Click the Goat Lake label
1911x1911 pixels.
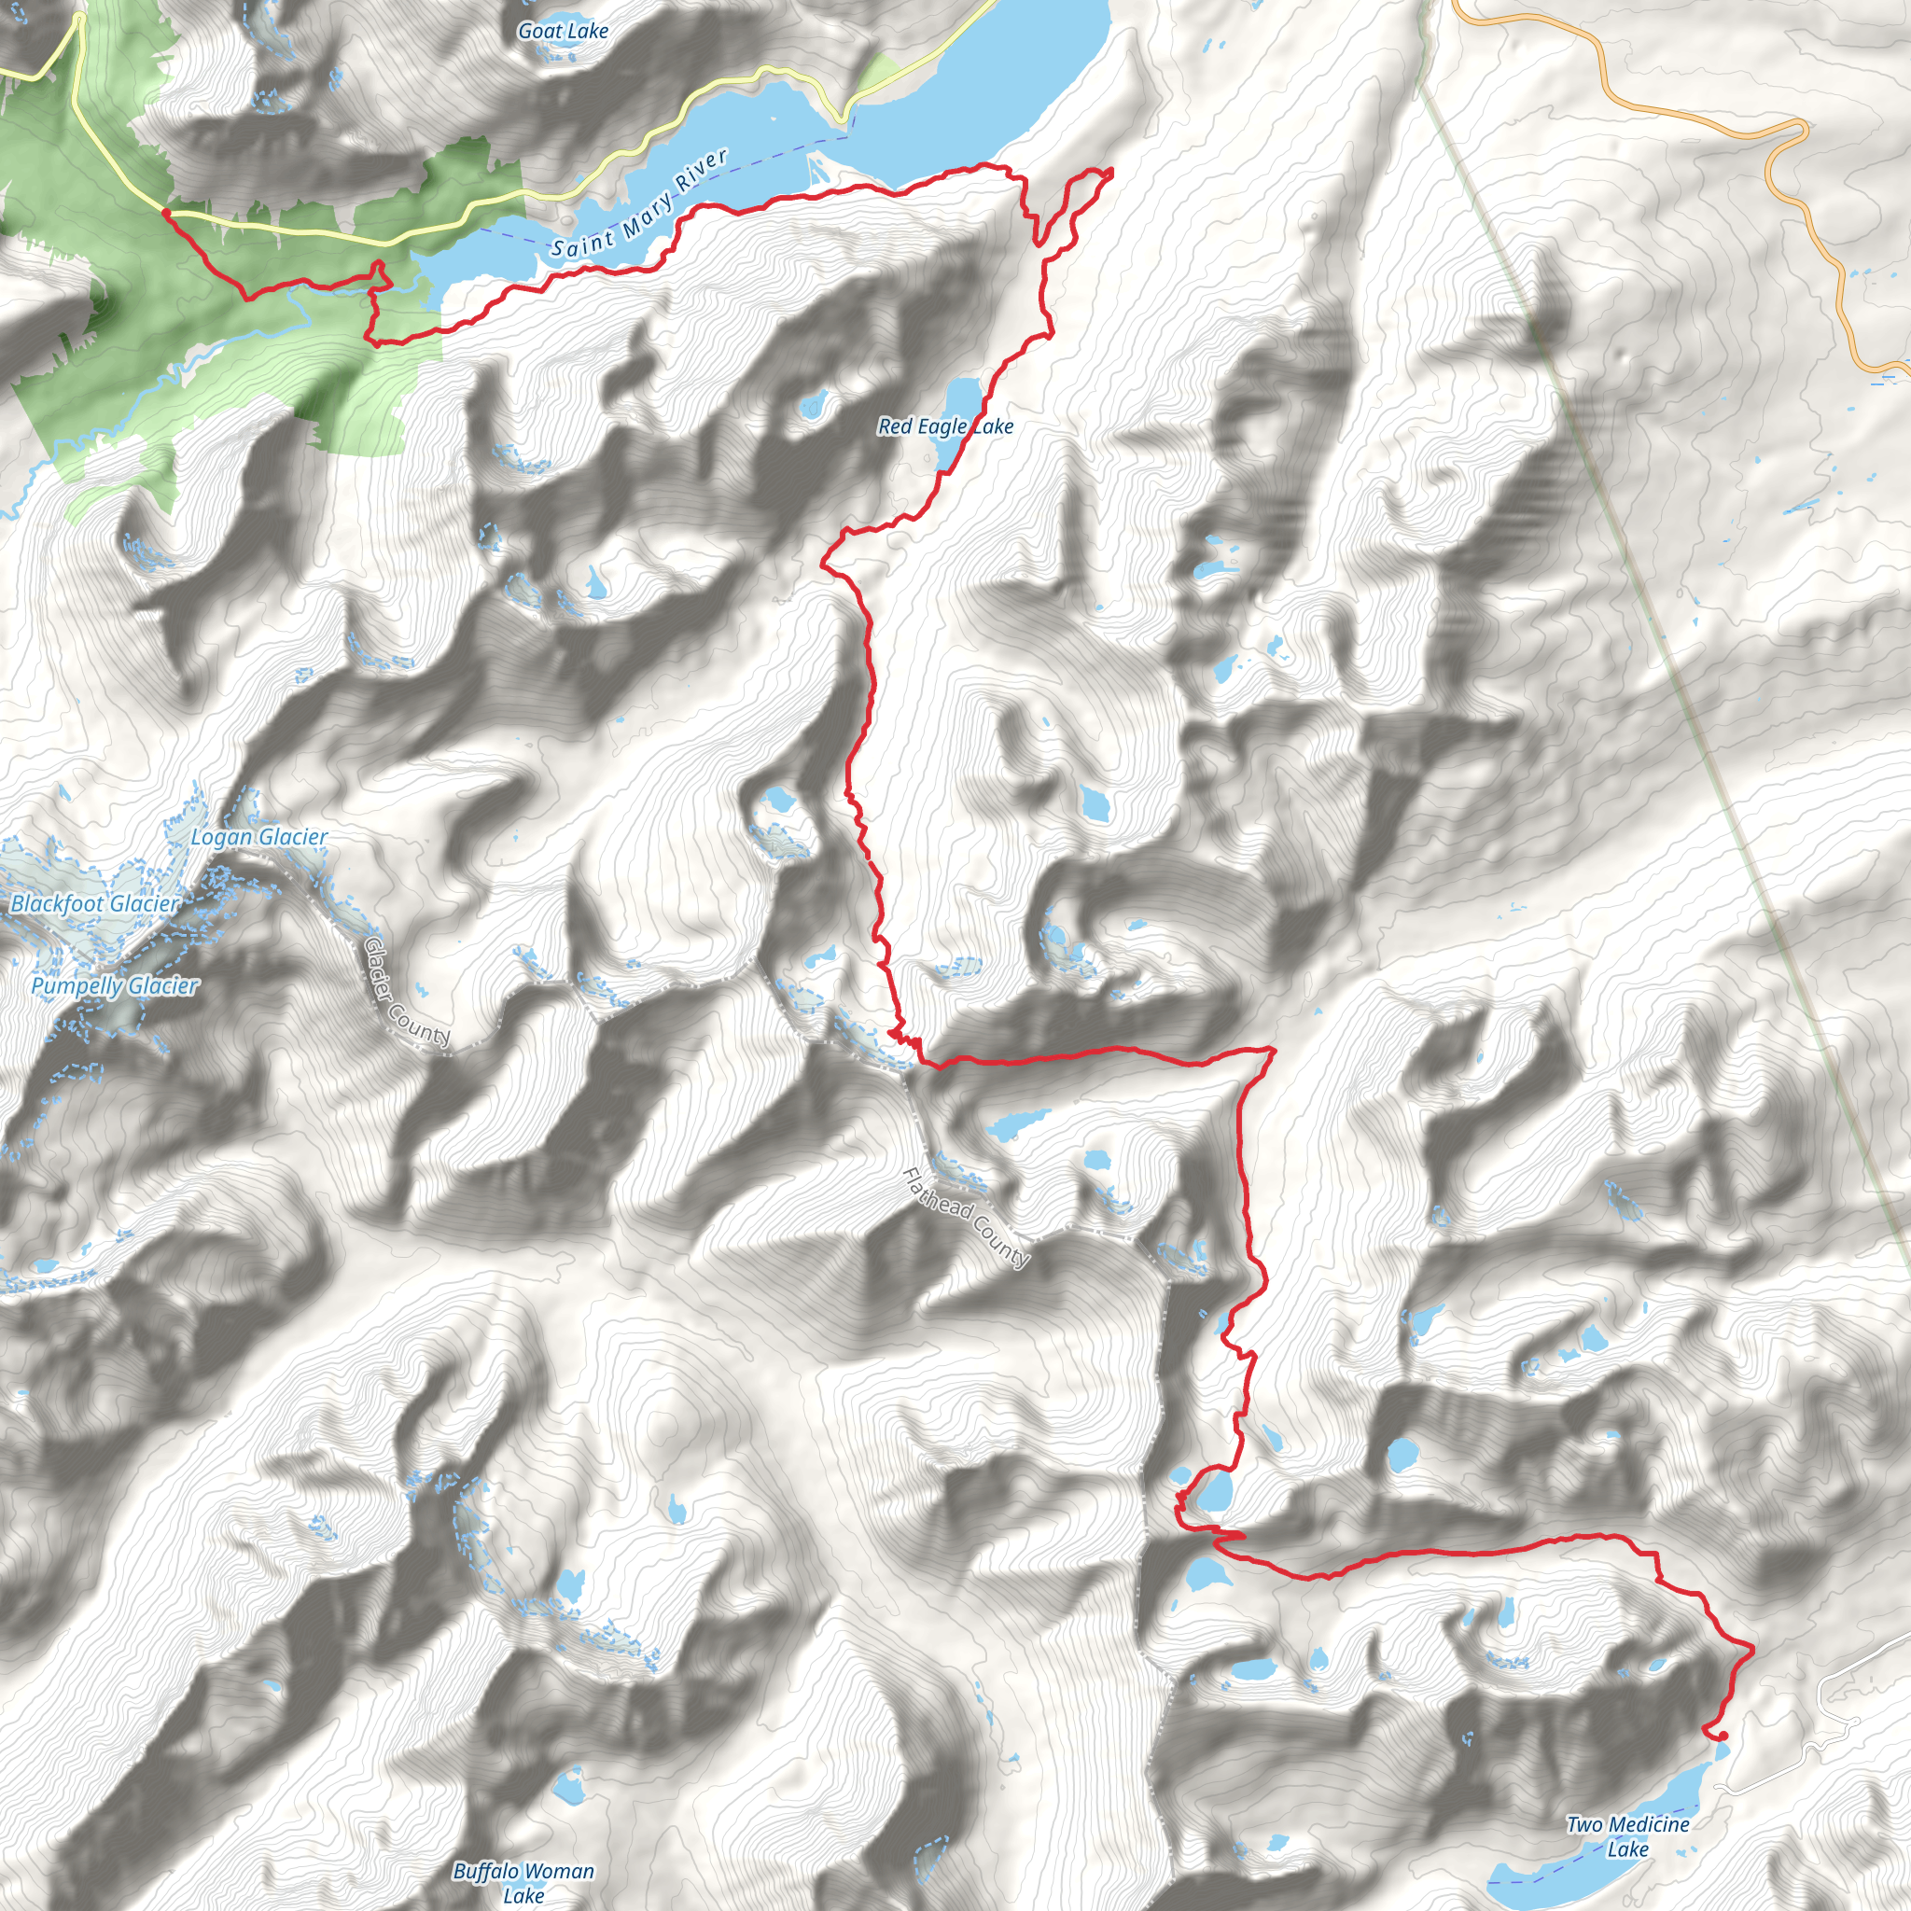click(x=563, y=32)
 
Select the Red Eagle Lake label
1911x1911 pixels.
click(x=944, y=426)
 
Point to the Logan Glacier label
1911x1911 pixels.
click(x=258, y=837)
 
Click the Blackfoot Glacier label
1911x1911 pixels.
click(x=95, y=903)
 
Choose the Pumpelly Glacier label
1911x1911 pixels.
click(x=115, y=985)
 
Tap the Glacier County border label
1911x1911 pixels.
click(x=407, y=992)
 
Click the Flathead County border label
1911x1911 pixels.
click(x=966, y=1218)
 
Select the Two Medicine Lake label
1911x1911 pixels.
click(x=1627, y=1835)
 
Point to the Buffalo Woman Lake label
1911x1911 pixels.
click(x=523, y=1882)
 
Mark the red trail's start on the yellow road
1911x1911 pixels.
click(x=165, y=212)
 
